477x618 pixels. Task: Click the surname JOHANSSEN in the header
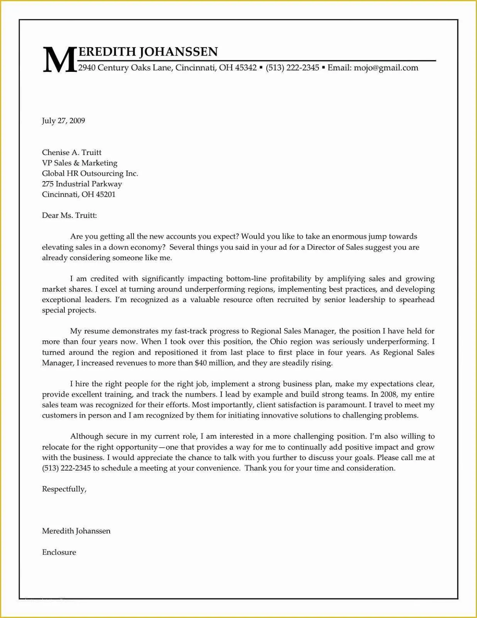pyautogui.click(x=178, y=51)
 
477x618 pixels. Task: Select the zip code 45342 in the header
pyautogui.click(x=246, y=68)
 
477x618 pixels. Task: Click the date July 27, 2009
pyautogui.click(x=63, y=121)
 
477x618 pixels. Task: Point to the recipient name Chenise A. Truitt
pyautogui.click(x=72, y=153)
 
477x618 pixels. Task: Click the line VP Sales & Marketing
pyautogui.click(x=79, y=163)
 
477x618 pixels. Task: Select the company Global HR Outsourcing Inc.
pyautogui.click(x=90, y=173)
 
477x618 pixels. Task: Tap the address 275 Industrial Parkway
pyautogui.click(x=82, y=184)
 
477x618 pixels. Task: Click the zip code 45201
pyautogui.click(x=105, y=194)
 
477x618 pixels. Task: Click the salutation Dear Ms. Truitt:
pyautogui.click(x=69, y=216)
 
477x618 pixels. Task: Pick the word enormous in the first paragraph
pyautogui.click(x=348, y=236)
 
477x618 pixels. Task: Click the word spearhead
pyautogui.click(x=417, y=300)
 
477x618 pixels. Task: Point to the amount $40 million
pyautogui.click(x=214, y=363)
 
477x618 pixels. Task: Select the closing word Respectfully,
pyautogui.click(x=64, y=489)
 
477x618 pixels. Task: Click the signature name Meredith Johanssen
pyautogui.click(x=76, y=531)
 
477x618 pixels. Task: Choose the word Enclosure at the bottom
pyautogui.click(x=59, y=552)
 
